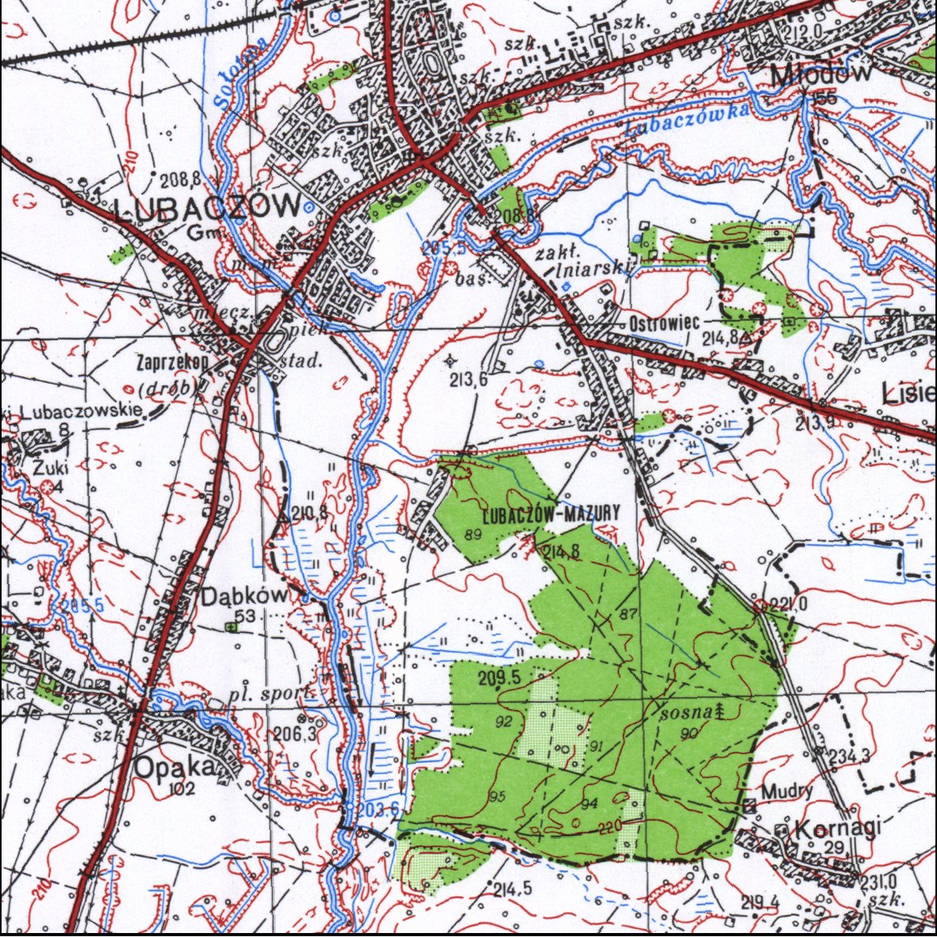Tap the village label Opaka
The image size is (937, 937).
click(175, 767)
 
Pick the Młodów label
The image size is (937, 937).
click(822, 74)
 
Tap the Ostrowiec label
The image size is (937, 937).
click(664, 324)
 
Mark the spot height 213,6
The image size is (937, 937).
click(468, 380)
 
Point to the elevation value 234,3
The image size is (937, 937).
click(850, 756)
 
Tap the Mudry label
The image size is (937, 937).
click(786, 791)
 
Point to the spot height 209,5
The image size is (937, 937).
click(499, 677)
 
